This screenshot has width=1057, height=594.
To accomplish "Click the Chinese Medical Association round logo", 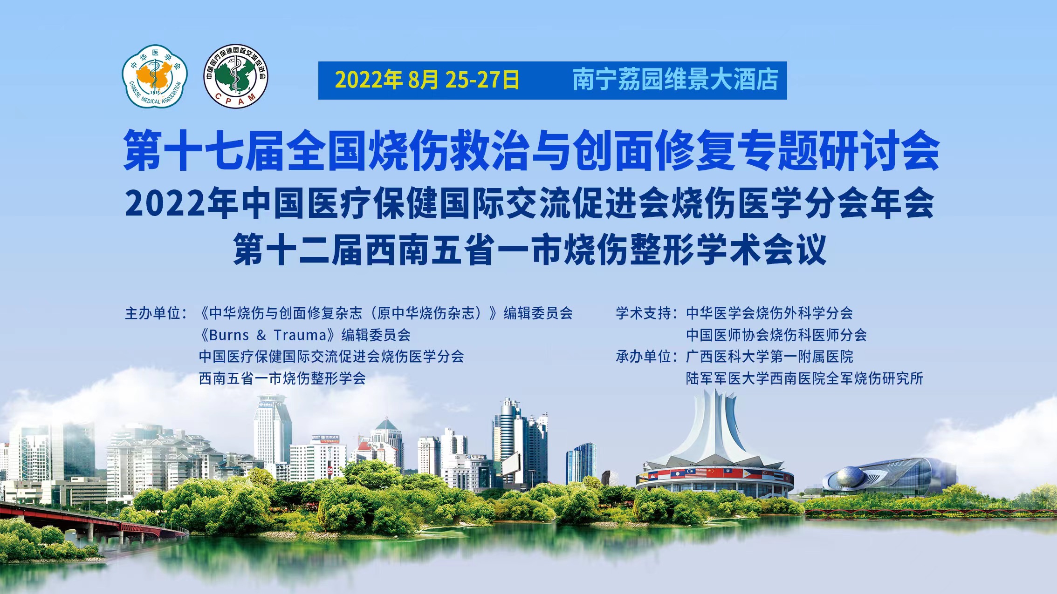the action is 155,76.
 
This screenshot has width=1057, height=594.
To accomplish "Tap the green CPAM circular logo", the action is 236,76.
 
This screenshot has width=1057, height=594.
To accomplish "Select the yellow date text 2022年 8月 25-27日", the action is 427,80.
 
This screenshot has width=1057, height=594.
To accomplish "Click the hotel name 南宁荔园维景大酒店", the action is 675,80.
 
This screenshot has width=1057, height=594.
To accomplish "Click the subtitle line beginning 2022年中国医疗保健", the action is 530,203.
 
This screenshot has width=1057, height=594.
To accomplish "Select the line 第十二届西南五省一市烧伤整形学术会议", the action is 530,250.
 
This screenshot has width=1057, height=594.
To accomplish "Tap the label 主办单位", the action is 156,313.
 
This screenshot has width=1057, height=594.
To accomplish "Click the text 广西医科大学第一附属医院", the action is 769,357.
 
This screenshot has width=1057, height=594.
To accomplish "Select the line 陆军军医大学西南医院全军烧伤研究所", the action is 804,378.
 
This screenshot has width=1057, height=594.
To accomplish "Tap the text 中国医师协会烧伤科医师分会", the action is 776,335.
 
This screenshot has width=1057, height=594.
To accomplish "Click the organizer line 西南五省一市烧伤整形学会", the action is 282,378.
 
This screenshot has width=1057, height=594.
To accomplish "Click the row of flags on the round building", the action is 715,474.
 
